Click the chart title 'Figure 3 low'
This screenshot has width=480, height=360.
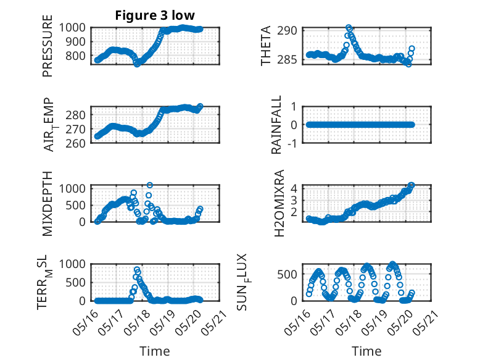point(155,15)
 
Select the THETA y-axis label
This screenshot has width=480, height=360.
point(266,46)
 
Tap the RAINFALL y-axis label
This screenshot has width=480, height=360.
point(276,124)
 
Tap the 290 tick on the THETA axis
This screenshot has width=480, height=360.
point(291,30)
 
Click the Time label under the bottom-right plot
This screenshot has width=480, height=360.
point(366,351)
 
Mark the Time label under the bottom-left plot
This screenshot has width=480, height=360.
point(155,351)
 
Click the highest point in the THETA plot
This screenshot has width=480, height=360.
point(349,28)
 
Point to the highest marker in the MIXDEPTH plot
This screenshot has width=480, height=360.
point(149,185)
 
